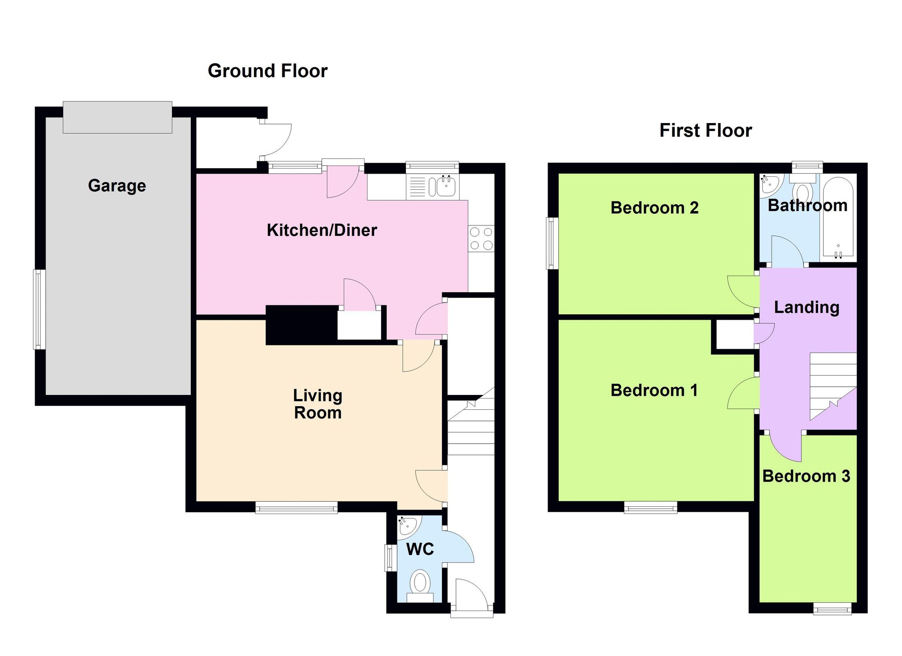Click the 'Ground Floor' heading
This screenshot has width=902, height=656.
[x=267, y=71]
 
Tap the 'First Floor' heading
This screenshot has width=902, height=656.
[x=706, y=130]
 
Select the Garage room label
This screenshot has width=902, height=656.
[x=117, y=186]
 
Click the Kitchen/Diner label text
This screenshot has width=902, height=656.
[x=322, y=230]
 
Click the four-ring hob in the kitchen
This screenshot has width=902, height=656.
[x=481, y=239]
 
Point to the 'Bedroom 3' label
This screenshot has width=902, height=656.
[x=806, y=476]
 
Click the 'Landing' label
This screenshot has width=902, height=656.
[x=807, y=307]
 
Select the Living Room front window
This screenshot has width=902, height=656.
[x=296, y=508]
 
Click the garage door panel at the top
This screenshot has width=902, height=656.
[x=117, y=117]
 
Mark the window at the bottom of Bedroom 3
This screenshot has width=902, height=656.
[x=833, y=609]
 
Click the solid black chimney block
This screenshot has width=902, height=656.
[x=302, y=325]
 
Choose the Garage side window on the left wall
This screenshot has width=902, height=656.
[x=39, y=309]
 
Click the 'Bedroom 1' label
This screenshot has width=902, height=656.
[x=654, y=390]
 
